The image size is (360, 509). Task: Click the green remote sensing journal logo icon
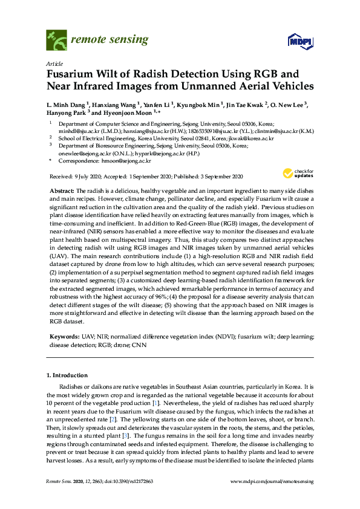pos(56,41)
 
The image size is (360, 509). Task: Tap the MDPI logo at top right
pos(295,42)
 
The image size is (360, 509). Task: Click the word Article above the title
pos(54,63)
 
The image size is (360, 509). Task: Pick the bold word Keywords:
pos(64,334)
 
